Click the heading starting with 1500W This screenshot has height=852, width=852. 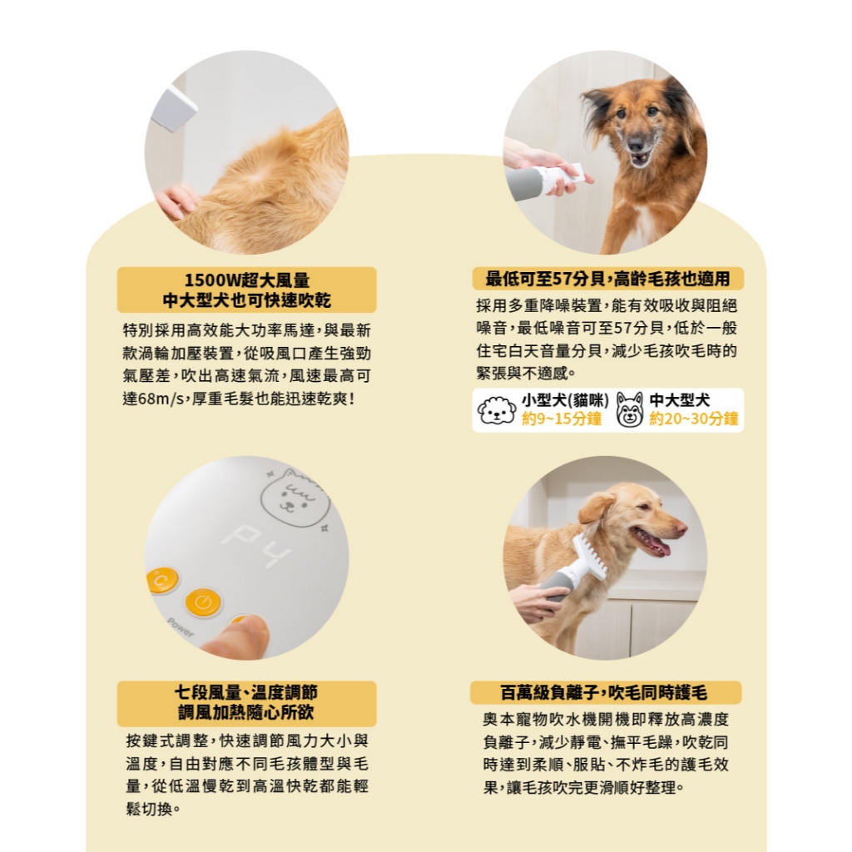coord(246,290)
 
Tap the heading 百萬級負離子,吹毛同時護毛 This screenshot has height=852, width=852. coord(604,693)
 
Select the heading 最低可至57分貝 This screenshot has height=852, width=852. coord(607,279)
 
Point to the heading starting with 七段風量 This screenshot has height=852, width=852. coord(246,702)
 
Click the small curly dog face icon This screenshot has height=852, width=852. coord(497,410)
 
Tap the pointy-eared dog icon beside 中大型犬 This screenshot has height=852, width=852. coord(631,410)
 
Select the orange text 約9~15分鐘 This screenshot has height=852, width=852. coord(562,419)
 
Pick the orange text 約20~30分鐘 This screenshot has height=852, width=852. coord(693,419)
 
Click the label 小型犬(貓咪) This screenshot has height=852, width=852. coord(565,400)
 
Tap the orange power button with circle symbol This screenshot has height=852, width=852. coord(204,602)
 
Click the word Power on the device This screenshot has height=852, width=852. coord(181,627)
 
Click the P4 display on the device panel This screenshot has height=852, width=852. coord(255,546)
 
